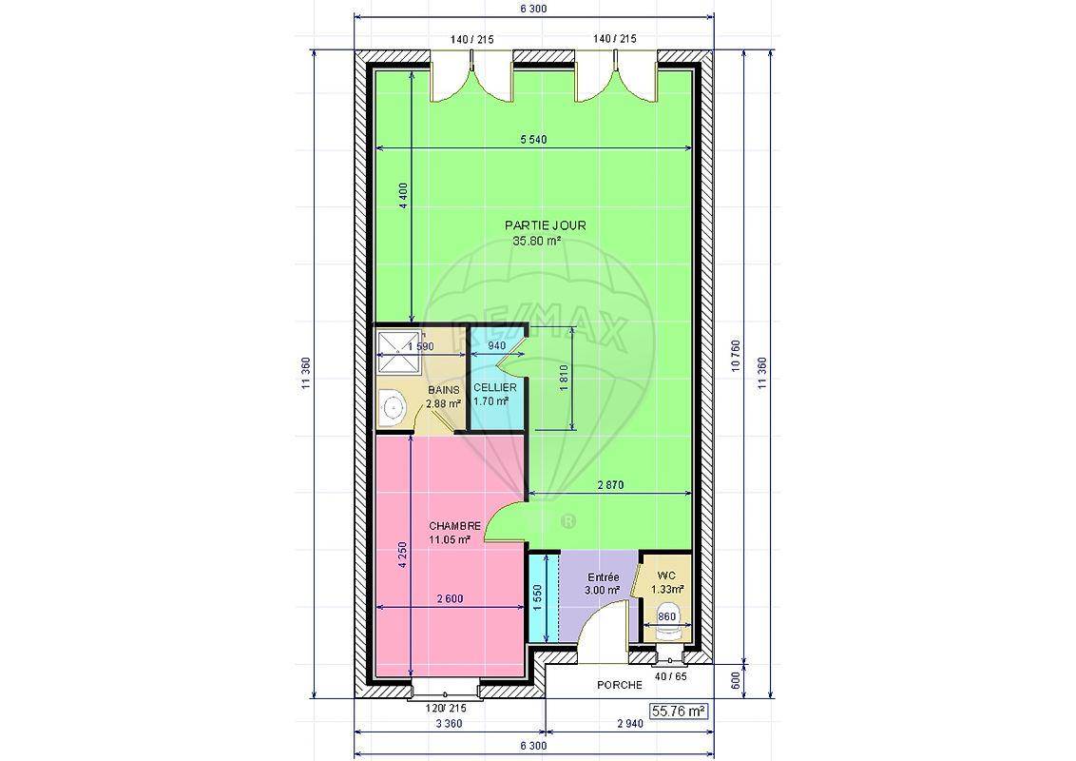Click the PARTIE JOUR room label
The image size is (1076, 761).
click(545, 225)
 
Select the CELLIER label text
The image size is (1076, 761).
click(494, 388)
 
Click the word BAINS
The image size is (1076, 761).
click(443, 390)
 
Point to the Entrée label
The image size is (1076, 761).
click(603, 577)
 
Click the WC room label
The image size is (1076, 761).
click(665, 575)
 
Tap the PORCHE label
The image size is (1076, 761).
click(620, 685)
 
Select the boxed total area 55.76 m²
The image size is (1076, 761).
click(679, 712)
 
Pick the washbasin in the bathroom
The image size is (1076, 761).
click(393, 407)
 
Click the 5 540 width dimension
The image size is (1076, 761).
click(534, 140)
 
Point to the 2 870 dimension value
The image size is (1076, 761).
click(611, 485)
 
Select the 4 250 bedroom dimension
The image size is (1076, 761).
click(403, 555)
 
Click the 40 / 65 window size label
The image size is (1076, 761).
click(671, 676)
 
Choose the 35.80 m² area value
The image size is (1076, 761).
click(537, 241)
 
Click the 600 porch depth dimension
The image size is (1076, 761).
click(735, 681)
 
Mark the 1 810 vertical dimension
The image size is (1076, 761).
click(564, 378)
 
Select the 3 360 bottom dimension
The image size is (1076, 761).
click(449, 723)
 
